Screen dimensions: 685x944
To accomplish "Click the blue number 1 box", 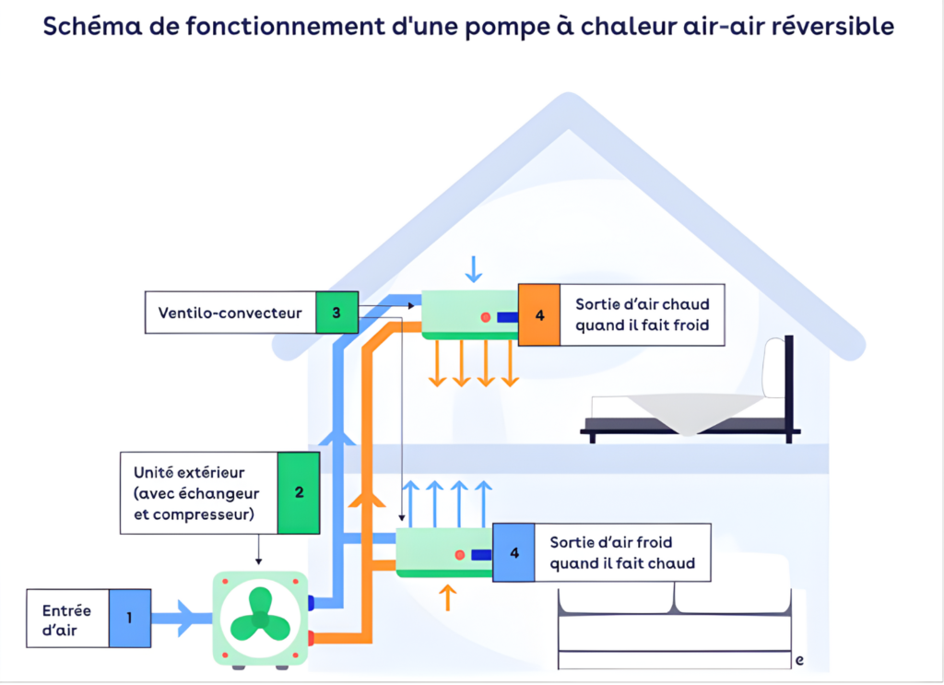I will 128,618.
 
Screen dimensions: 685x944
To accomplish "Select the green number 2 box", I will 299,492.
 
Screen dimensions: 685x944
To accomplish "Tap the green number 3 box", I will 336,313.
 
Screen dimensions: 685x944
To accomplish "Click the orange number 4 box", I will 539,315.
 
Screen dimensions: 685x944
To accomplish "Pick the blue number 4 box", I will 513,553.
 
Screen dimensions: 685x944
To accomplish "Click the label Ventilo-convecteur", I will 230,313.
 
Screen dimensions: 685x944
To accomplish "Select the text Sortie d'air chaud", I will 643,304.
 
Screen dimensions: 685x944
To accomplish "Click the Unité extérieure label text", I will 187,473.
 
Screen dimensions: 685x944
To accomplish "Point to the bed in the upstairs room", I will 687,406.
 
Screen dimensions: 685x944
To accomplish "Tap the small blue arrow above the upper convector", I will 474,266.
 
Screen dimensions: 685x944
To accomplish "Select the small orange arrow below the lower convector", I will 449,596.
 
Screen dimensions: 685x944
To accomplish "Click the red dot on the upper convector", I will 485,318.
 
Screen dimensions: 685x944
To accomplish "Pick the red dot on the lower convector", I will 459,556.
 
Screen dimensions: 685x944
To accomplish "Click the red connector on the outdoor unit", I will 313,637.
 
